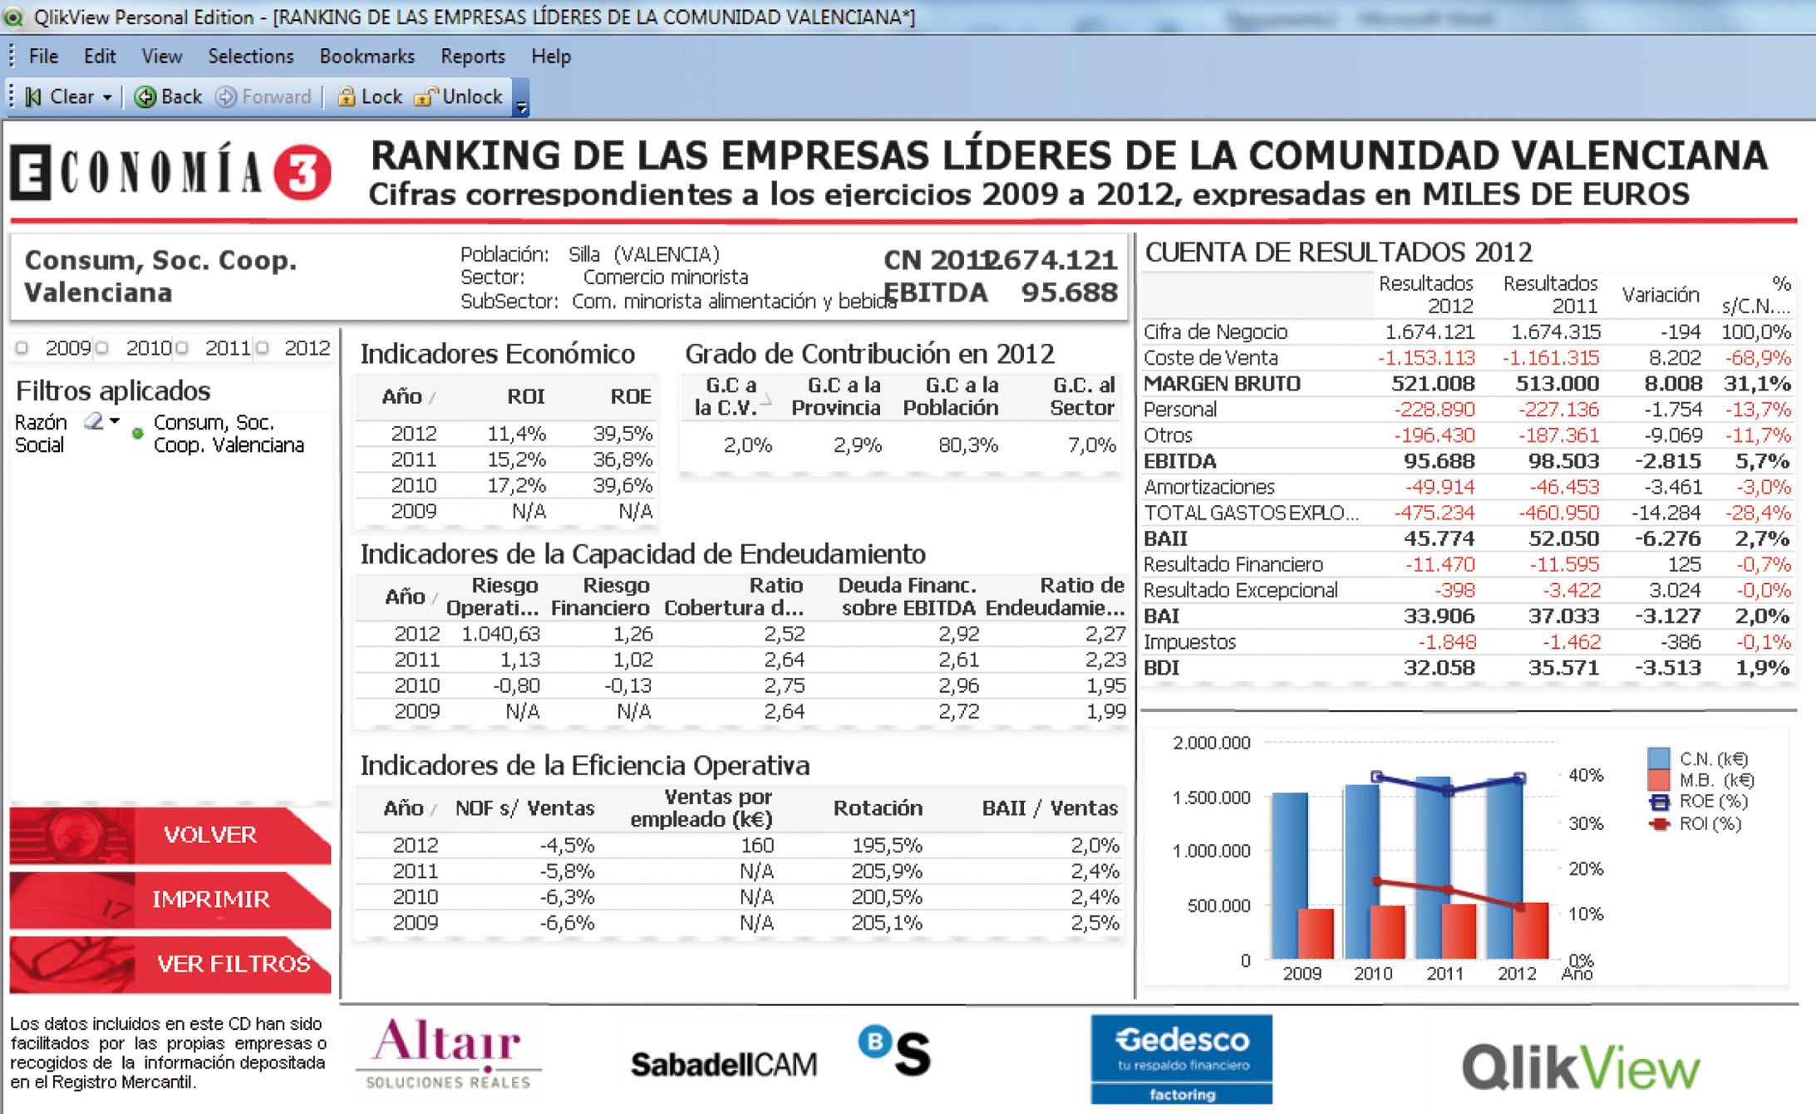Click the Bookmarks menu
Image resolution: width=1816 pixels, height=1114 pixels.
pos(367,56)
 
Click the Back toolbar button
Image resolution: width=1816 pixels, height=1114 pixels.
pos(169,97)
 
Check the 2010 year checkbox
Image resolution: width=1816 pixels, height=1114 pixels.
pos(102,348)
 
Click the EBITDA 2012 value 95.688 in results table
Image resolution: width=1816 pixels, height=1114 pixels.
pos(1439,461)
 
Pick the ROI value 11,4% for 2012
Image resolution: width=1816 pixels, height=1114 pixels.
pos(516,434)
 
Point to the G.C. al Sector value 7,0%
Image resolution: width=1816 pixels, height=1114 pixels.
pos(1091,445)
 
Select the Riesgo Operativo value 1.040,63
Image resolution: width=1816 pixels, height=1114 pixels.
pos(500,634)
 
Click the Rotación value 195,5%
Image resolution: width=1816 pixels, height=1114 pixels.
pos(887,846)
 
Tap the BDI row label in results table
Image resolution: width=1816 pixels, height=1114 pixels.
pos(1161,668)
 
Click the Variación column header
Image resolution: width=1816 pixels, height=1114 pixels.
pos(1660,295)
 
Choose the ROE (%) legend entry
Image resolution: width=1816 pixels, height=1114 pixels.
pos(1700,802)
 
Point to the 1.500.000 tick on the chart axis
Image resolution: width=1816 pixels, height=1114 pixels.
pos(1211,797)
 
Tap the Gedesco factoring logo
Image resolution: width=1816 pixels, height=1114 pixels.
pos(1181,1059)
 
